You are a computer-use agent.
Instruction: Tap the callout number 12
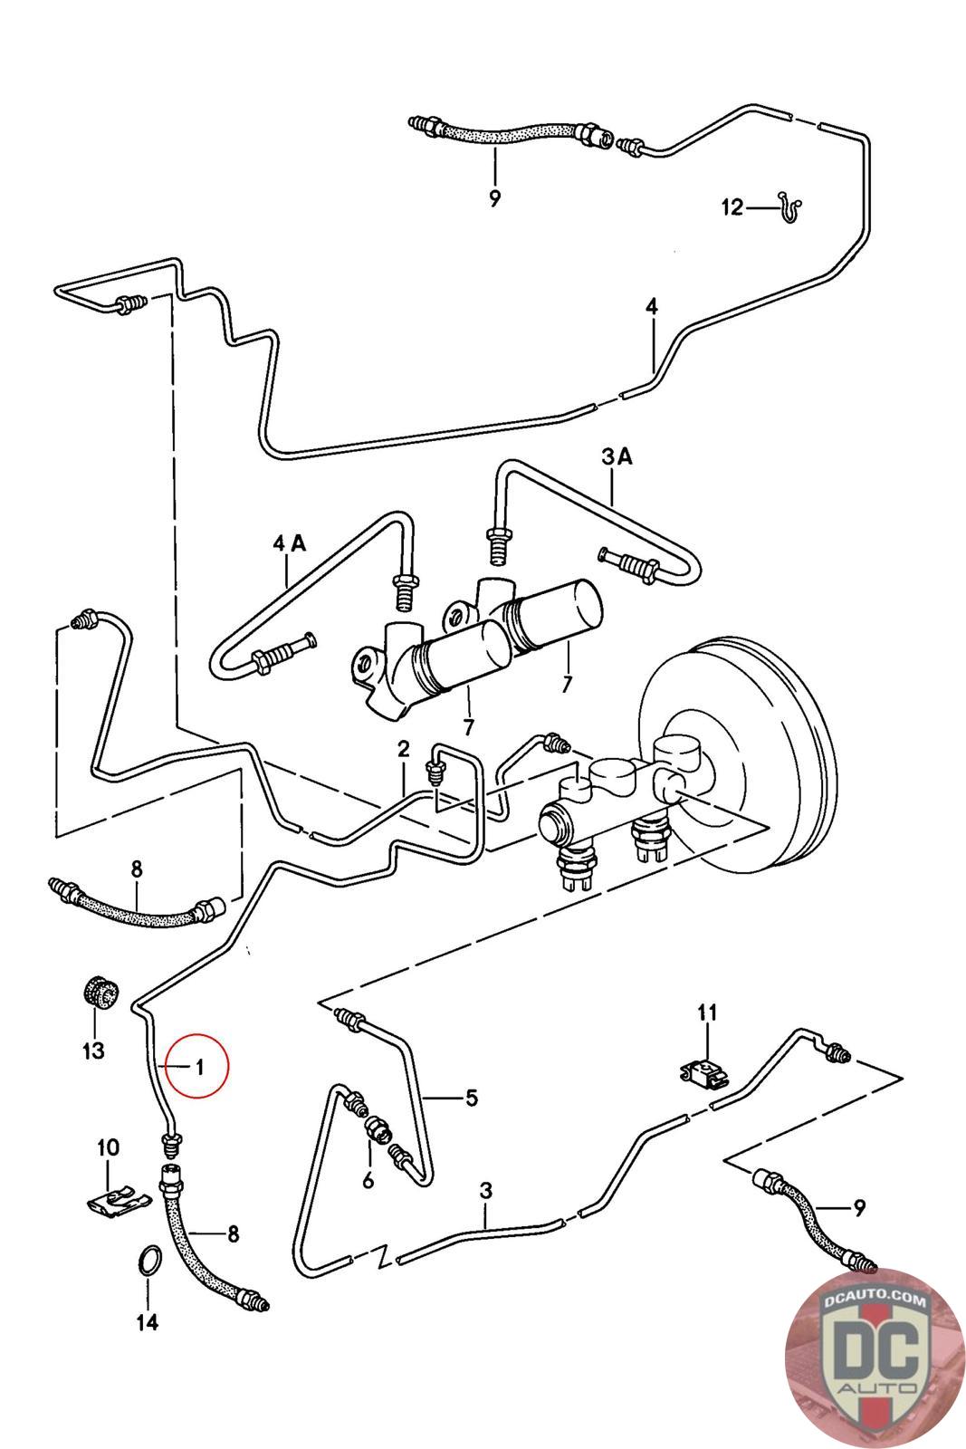[x=732, y=207]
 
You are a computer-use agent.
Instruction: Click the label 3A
[x=617, y=456]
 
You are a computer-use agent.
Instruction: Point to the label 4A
[x=289, y=543]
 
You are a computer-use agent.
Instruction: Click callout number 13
[x=94, y=1050]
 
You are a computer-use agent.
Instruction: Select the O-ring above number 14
[x=149, y=1262]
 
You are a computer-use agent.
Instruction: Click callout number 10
[x=108, y=1147]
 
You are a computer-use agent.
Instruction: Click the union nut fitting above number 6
[x=376, y=1130]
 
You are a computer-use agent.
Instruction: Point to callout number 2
[x=404, y=750]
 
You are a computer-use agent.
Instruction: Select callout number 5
[x=472, y=1098]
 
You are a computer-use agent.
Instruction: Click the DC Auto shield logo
[x=876, y=1357]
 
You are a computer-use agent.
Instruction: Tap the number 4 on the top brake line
[x=652, y=307]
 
